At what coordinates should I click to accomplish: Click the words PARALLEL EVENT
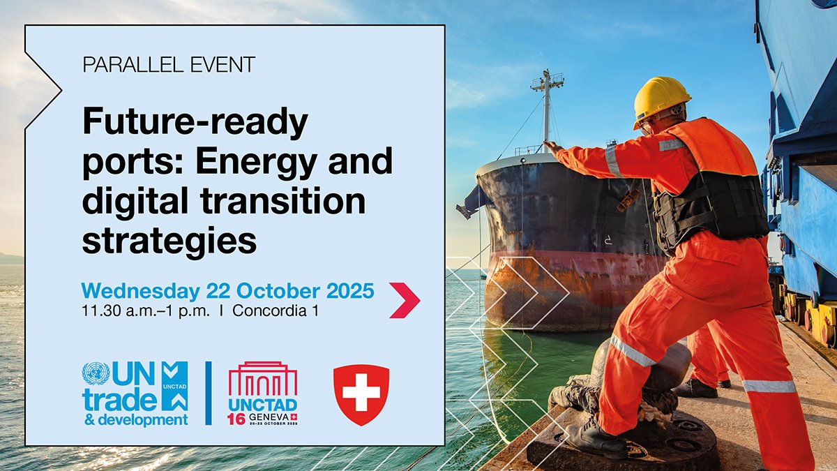point(169,66)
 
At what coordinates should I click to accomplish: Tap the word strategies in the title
point(169,240)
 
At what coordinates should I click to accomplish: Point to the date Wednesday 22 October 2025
point(227,290)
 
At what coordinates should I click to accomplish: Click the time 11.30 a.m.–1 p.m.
point(145,311)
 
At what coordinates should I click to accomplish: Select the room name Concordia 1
point(276,311)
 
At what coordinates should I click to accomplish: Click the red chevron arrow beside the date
point(405,300)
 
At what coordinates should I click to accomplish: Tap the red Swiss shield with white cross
point(361,394)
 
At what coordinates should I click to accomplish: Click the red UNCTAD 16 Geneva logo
point(263,394)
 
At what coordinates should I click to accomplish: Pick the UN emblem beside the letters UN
point(96,373)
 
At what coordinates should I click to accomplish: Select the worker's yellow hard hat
point(661,98)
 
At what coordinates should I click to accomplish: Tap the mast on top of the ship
point(547,105)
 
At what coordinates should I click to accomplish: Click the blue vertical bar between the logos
point(208,394)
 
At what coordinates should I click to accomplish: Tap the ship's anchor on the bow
point(466,207)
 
